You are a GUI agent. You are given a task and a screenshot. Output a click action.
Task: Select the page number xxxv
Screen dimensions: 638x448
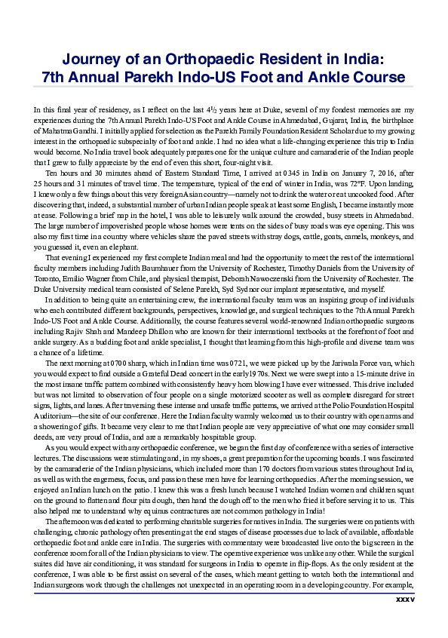[x=405, y=621]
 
